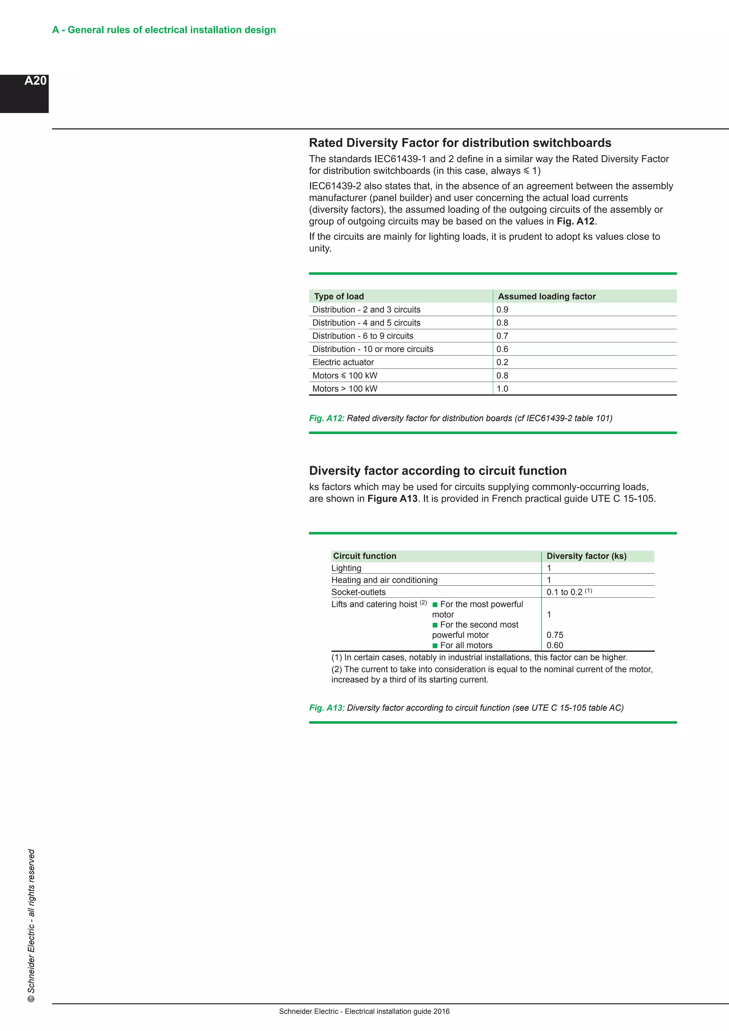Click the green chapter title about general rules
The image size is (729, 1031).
(164, 30)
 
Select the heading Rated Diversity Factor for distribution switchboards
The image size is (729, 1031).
(460, 143)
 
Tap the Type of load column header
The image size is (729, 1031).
(339, 296)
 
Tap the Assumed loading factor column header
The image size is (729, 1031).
(546, 296)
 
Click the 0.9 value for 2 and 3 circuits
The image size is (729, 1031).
(502, 309)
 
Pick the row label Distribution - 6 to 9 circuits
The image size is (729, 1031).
(363, 336)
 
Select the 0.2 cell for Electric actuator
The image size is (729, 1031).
(502, 362)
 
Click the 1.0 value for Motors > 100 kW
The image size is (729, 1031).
(502, 389)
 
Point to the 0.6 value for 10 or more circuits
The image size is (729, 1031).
(502, 349)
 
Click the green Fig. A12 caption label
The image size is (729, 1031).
(325, 418)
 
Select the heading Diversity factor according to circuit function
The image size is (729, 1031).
(438, 471)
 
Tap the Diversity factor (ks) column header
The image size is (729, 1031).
(586, 556)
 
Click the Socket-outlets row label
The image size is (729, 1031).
(358, 592)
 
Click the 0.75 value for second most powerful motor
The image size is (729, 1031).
(555, 635)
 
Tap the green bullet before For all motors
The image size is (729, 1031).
(435, 646)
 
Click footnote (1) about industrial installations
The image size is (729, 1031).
(479, 658)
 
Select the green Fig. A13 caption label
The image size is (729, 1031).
(325, 708)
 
